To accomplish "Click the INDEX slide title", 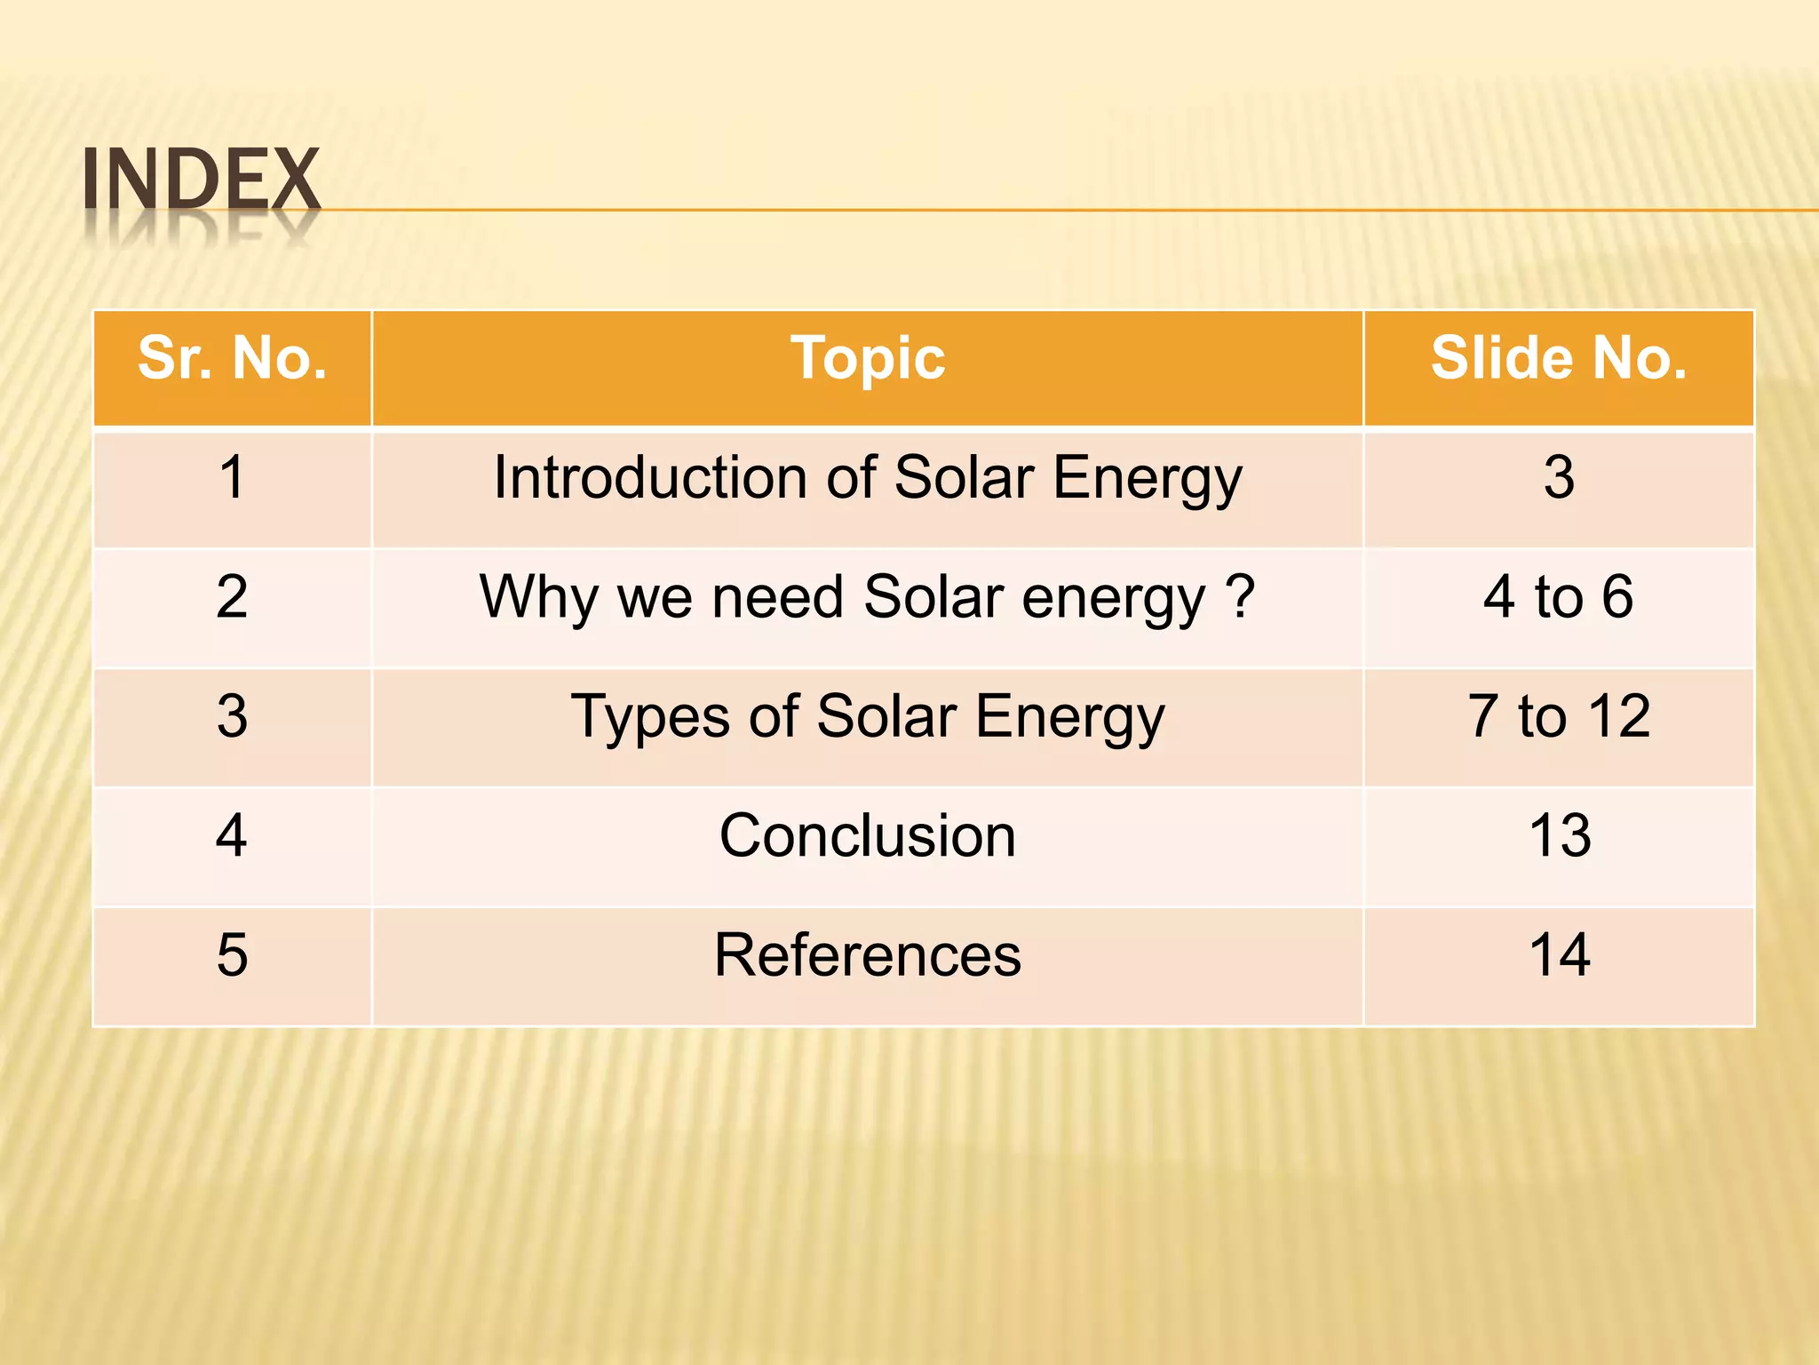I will click(201, 180).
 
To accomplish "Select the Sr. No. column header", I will click(233, 359).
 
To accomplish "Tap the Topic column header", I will click(868, 359).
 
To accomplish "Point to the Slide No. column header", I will click(1559, 359).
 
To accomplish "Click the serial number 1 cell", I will click(233, 478).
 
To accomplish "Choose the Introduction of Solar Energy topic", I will click(868, 478).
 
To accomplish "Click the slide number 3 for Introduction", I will click(1559, 478).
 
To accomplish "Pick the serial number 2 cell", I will click(233, 596).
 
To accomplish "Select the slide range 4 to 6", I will click(1559, 596).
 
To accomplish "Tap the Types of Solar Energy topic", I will click(868, 716).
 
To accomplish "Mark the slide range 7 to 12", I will click(1559, 716).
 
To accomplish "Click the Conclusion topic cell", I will click(868, 836).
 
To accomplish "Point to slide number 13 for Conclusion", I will click(1559, 836).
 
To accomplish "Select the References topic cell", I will click(868, 955).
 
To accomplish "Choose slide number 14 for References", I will click(1559, 955).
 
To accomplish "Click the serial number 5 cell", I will click(233, 955).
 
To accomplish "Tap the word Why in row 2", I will click(538, 596).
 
